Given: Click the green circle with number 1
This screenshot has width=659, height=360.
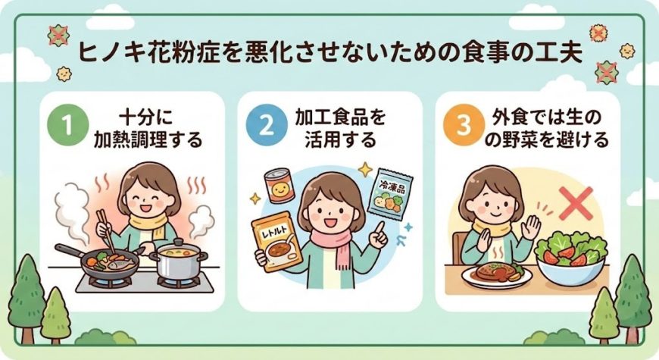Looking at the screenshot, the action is (x=68, y=125).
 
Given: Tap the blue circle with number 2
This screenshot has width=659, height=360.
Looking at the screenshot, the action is (x=266, y=125).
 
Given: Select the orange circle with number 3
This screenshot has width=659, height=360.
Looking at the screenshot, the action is (x=464, y=125).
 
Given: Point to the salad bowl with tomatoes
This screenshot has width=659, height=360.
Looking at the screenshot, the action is (x=572, y=258).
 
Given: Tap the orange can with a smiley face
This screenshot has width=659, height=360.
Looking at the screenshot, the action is (x=279, y=186).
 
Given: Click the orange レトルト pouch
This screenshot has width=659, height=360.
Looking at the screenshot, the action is (x=276, y=242).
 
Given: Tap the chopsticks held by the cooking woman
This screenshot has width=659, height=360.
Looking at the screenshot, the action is (x=107, y=231).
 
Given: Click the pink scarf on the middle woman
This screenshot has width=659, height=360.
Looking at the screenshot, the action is (x=335, y=247).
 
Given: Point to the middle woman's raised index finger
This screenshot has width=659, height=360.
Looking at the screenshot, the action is (x=380, y=228).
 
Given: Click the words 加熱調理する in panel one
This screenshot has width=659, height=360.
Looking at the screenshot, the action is (x=148, y=139).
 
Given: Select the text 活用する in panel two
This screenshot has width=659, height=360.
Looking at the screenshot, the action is (x=339, y=139).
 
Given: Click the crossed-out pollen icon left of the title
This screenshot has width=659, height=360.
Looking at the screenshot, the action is (x=59, y=36).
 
